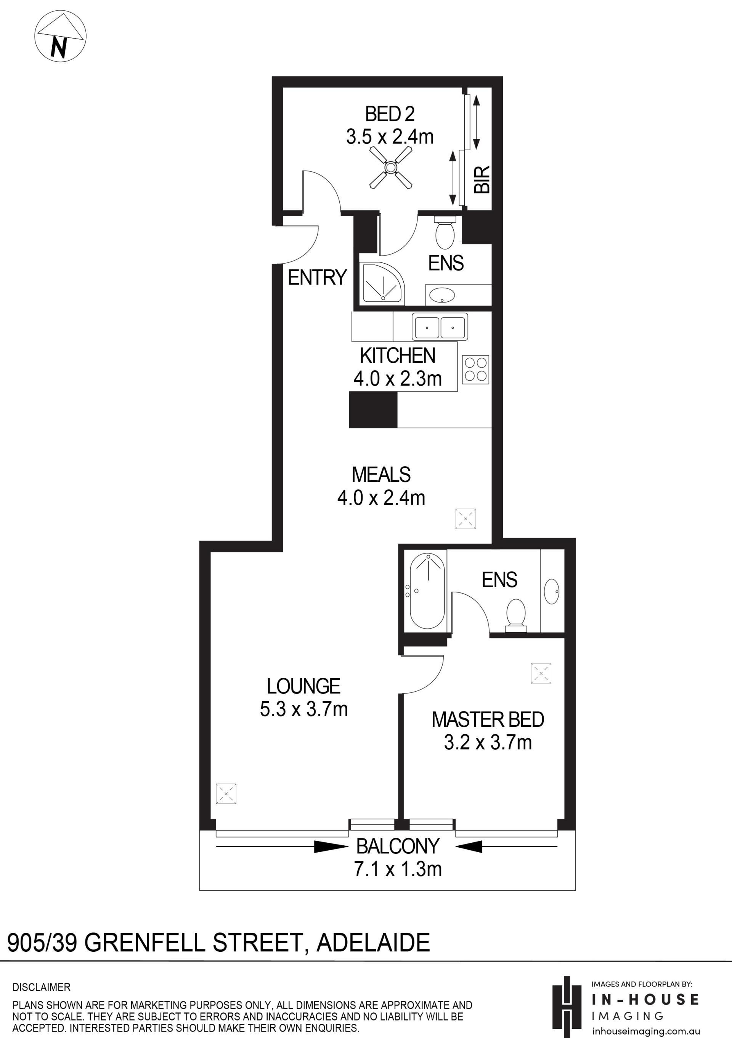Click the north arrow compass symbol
click(60, 36)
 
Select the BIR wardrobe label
click(482, 179)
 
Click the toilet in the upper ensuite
click(445, 232)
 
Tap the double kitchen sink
click(440, 327)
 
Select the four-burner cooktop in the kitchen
click(475, 369)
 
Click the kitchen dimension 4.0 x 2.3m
click(398, 378)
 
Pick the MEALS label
click(381, 475)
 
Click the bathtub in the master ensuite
click(427, 591)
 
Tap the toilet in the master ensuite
click(516, 615)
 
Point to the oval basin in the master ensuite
click(552, 591)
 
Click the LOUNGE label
click(303, 686)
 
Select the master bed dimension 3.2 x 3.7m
click(488, 742)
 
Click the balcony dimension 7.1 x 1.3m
click(398, 869)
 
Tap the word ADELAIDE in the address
click(373, 943)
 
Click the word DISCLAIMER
click(42, 987)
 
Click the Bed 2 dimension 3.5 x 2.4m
click(390, 137)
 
